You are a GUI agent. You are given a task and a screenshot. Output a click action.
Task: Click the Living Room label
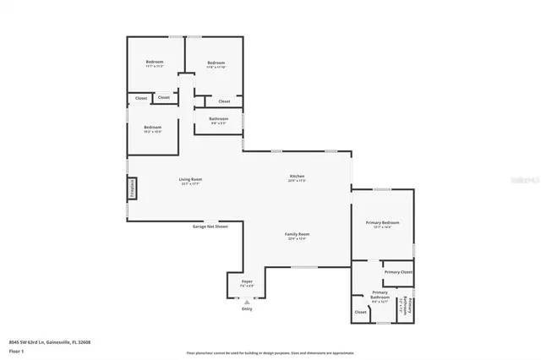(190, 179)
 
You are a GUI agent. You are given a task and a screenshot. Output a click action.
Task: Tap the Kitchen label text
(297, 176)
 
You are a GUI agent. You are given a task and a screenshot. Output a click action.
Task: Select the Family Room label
(297, 234)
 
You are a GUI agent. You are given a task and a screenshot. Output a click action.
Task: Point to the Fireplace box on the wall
(132, 189)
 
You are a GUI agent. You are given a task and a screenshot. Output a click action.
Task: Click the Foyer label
(247, 281)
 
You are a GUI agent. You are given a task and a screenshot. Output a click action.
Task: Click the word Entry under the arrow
(248, 309)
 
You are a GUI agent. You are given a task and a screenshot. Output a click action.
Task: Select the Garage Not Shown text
(210, 226)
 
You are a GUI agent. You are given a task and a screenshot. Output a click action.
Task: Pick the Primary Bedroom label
(382, 222)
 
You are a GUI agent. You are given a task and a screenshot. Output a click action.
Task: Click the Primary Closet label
(398, 272)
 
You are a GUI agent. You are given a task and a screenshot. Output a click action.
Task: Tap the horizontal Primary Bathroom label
(380, 295)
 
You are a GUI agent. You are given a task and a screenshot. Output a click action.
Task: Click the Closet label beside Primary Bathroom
(361, 312)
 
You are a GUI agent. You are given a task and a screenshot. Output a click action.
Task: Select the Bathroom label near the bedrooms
(218, 119)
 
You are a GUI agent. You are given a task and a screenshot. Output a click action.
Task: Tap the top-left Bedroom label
(154, 63)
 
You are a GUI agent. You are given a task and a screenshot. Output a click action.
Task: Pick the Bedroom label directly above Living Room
(152, 128)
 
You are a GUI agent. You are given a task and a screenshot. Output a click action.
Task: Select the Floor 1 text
(29, 349)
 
